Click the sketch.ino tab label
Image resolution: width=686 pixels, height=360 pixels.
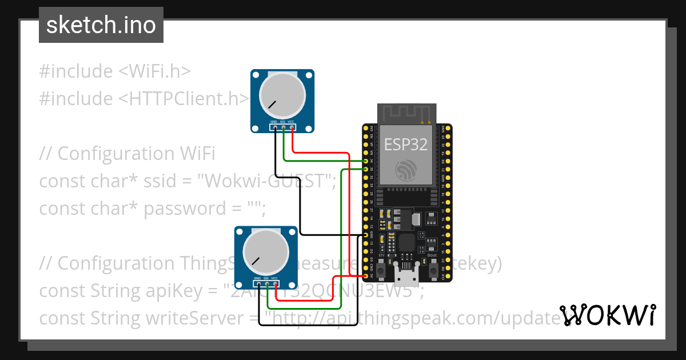[101, 25]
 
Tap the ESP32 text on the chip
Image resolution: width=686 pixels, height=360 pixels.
[405, 145]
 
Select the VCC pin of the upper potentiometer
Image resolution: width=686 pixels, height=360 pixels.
[292, 128]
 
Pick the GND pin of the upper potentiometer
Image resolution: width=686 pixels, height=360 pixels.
[274, 128]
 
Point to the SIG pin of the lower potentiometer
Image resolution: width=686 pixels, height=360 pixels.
[267, 285]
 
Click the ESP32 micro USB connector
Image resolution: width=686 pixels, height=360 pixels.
[406, 278]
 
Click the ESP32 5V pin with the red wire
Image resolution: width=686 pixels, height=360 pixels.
[366, 276]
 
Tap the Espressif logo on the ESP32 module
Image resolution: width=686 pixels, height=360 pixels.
[405, 170]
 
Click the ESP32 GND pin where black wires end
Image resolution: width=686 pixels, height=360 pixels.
[366, 235]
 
